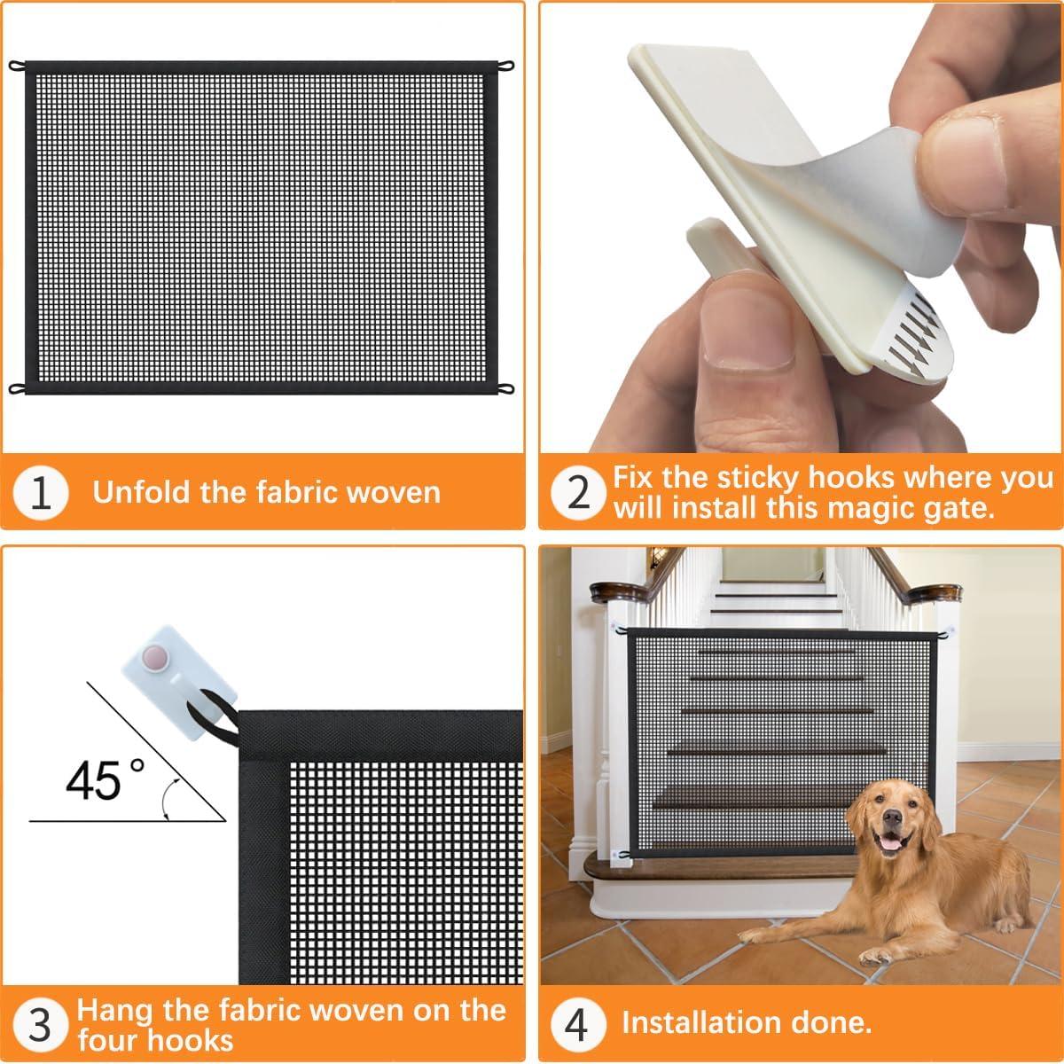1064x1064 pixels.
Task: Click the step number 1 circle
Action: click(x=42, y=493)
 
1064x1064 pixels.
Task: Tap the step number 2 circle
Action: click(x=578, y=493)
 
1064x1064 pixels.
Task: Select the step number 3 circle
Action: click(x=42, y=1024)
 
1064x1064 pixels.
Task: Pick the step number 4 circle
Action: click(x=577, y=1024)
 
